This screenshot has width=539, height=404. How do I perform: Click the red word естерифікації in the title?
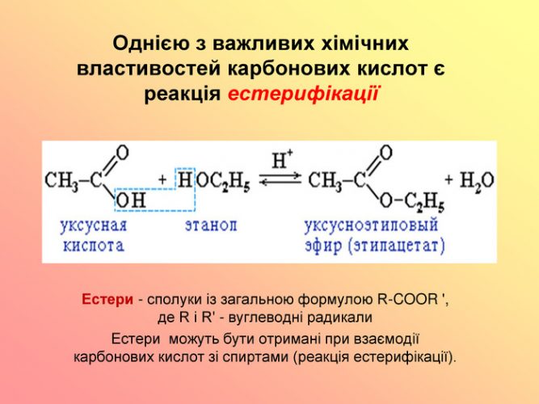tap(303, 94)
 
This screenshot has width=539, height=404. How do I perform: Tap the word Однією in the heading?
tap(151, 44)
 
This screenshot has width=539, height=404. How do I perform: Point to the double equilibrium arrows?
tap(280, 180)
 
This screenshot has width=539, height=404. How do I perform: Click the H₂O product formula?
tap(477, 181)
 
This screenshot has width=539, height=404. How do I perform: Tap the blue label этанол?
tap(211, 226)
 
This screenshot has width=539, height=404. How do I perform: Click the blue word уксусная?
tap(94, 226)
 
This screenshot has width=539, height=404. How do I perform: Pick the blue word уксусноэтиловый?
tap(371, 226)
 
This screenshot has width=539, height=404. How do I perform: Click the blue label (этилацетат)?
tap(397, 246)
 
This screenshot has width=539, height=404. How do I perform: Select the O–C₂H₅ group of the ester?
tap(412, 201)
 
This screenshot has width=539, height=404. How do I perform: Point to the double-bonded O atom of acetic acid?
tap(122, 153)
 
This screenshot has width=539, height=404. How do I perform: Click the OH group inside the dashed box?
tap(131, 200)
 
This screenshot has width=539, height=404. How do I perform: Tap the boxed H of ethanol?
tap(185, 179)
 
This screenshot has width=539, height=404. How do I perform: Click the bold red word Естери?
tap(107, 300)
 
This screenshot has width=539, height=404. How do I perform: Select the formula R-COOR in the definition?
tap(407, 300)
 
